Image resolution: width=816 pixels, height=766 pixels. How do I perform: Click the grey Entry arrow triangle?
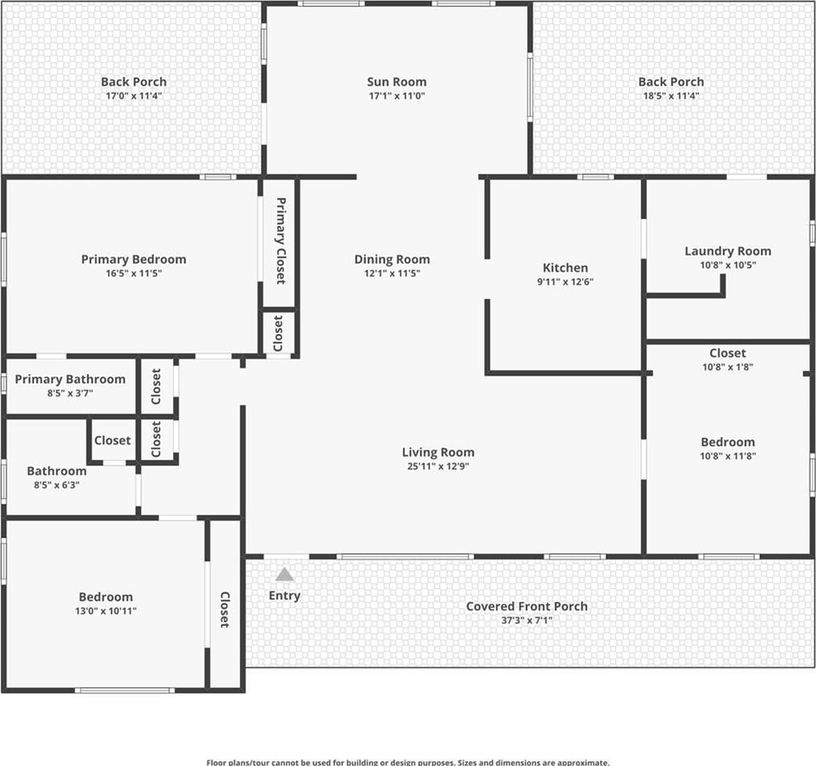(284, 574)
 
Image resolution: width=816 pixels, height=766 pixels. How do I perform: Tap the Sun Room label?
(397, 82)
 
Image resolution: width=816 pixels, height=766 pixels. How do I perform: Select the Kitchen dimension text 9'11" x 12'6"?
(565, 282)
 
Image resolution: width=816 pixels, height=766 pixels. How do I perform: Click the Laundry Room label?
(727, 251)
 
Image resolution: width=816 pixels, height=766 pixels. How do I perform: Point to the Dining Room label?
(392, 259)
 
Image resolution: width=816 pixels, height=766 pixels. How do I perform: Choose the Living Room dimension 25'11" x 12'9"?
(437, 466)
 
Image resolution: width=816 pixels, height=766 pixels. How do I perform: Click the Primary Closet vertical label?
(280, 240)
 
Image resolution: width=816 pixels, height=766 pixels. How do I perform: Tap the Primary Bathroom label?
(70, 379)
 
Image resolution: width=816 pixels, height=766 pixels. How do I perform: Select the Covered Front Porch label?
(527, 606)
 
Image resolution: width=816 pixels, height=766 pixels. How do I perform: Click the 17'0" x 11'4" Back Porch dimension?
(134, 96)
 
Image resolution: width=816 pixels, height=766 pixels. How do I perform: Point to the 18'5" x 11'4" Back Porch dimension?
(671, 96)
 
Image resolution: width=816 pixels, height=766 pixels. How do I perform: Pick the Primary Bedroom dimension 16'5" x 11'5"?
(134, 274)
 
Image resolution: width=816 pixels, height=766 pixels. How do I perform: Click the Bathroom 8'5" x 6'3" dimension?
(57, 485)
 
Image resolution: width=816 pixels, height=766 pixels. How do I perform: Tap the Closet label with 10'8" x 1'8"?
(727, 353)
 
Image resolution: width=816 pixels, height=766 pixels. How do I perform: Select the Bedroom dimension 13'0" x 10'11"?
(106, 611)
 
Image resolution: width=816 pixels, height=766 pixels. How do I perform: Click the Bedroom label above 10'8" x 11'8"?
(727, 442)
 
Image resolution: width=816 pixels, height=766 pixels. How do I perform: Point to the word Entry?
(284, 596)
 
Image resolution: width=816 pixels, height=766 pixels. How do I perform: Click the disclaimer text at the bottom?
(407, 763)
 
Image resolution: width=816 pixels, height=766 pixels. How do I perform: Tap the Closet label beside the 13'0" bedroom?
(225, 609)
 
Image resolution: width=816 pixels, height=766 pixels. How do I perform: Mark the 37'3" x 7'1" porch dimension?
(527, 621)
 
